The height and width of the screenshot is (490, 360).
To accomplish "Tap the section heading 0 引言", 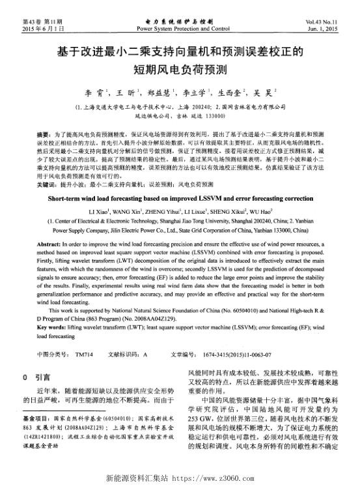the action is (33, 377).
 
